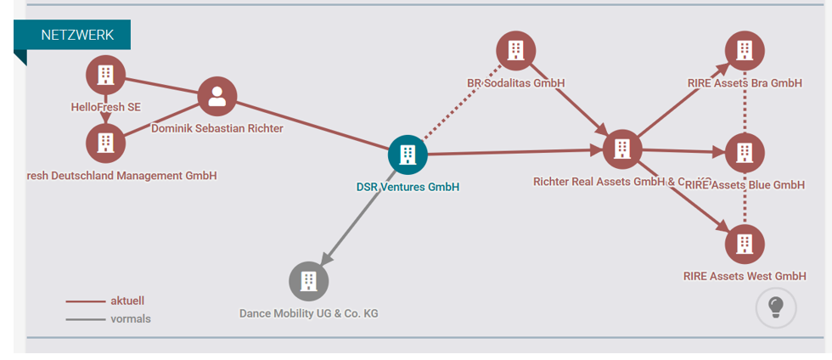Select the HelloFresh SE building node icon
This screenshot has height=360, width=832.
tap(105, 75)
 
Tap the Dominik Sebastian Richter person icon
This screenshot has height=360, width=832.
tap(217, 96)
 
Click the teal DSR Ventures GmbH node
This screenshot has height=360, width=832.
tap(408, 155)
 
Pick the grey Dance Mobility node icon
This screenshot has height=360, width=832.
tap(308, 281)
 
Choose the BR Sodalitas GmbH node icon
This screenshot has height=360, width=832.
tap(515, 51)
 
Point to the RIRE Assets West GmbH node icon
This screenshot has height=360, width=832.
tap(745, 245)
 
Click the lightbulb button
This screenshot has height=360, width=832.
tap(776, 307)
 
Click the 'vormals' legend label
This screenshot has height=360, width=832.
tap(130, 319)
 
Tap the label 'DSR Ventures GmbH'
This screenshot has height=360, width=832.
tap(408, 187)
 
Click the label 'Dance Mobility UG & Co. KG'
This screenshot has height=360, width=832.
tap(308, 313)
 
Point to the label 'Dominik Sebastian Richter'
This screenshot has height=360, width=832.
tap(217, 128)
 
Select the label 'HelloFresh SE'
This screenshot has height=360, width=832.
tap(105, 107)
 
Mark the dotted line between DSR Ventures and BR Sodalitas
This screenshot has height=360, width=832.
tap(458, 105)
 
